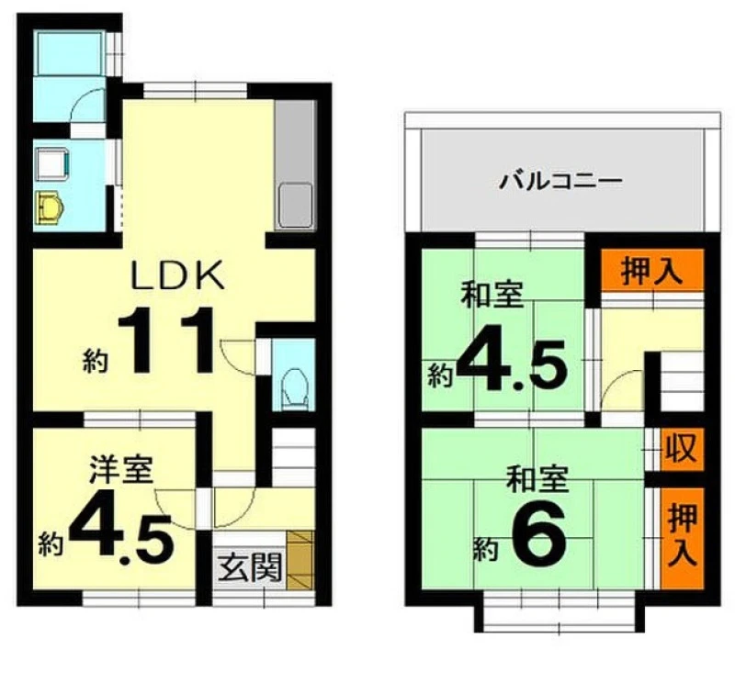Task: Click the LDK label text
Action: click(x=177, y=276)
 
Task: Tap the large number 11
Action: click(x=166, y=340)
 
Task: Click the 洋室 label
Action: click(x=121, y=469)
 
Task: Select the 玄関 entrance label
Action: click(x=250, y=566)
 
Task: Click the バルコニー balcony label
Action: click(x=560, y=181)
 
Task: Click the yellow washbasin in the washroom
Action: click(x=50, y=207)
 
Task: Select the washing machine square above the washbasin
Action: click(x=52, y=164)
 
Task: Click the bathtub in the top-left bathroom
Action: click(x=70, y=53)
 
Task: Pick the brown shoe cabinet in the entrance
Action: click(x=300, y=560)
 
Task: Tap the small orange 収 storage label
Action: click(x=682, y=449)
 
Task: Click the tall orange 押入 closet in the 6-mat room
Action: click(x=683, y=538)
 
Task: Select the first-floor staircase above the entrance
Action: click(x=293, y=457)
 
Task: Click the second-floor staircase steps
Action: click(x=682, y=382)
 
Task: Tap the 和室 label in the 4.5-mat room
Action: click(x=492, y=294)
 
